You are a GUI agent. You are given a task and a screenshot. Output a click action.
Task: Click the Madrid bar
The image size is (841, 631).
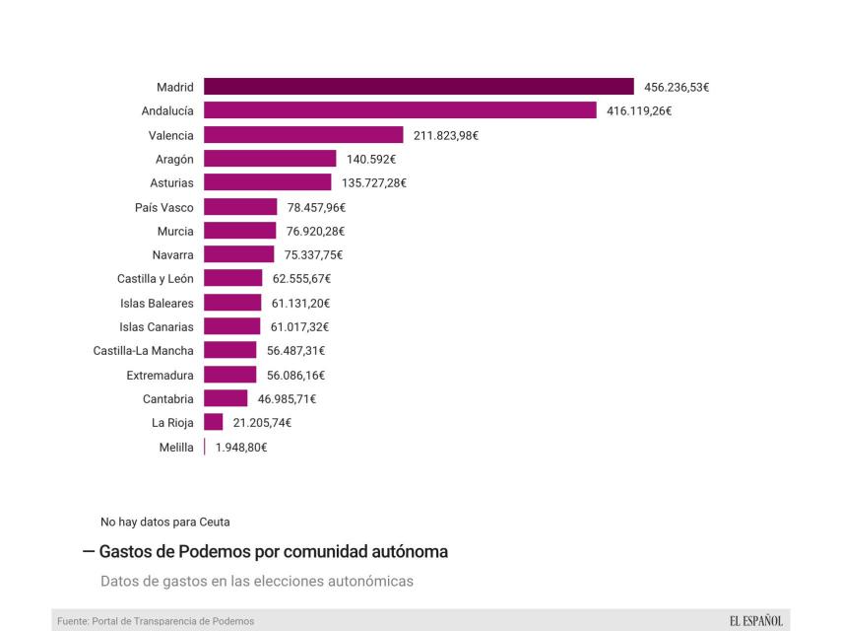(x=419, y=87)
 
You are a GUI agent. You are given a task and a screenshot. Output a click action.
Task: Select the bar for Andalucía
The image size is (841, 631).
(x=400, y=110)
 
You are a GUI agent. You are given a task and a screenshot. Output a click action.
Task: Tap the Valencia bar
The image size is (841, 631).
(x=303, y=135)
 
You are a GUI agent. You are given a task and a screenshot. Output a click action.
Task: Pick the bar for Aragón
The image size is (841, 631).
(x=270, y=159)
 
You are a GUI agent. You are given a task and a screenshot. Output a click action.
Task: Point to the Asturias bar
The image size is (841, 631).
(x=268, y=182)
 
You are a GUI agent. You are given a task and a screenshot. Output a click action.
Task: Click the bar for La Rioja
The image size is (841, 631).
(x=214, y=422)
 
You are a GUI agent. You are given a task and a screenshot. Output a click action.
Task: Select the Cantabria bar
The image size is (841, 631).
(x=226, y=398)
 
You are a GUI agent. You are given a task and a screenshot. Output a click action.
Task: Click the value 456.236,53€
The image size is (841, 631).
(x=677, y=87)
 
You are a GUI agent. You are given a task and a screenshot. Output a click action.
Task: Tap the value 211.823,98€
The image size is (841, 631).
(x=446, y=135)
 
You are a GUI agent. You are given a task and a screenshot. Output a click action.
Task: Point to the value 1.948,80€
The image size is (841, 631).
(x=241, y=447)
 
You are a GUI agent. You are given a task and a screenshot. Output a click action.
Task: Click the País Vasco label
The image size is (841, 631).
(x=164, y=207)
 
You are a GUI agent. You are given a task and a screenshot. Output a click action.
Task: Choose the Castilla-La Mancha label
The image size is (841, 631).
(x=144, y=350)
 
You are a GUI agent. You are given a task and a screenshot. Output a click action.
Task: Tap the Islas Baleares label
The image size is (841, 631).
(x=157, y=303)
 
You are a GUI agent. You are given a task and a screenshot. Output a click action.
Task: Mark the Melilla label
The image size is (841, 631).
(x=176, y=447)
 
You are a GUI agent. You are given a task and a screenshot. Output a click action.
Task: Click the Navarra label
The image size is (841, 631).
(x=172, y=254)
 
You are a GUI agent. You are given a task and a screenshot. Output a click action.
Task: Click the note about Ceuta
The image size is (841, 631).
(x=165, y=522)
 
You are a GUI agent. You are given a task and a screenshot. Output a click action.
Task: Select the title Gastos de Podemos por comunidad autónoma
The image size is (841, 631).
(x=273, y=552)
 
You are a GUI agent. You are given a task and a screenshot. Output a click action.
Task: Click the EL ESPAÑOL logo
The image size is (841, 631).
(x=755, y=621)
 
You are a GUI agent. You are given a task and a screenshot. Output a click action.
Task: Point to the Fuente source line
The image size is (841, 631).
(x=156, y=621)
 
